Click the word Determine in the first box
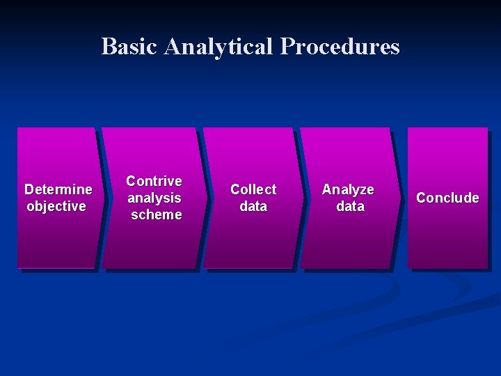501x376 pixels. [58, 189]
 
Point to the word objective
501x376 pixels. [56, 206]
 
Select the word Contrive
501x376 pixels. [154, 181]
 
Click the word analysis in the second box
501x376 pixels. [154, 198]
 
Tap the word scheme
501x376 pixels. [156, 214]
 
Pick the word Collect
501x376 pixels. [253, 189]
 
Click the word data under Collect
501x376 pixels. [253, 206]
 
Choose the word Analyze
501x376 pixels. [348, 189]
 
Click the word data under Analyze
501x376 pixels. [350, 206]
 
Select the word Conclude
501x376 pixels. [447, 198]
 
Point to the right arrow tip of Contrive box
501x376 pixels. [207, 198]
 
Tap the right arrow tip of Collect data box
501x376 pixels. [304, 198]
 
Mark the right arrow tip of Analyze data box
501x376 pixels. [401, 198]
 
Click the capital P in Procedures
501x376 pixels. [287, 47]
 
